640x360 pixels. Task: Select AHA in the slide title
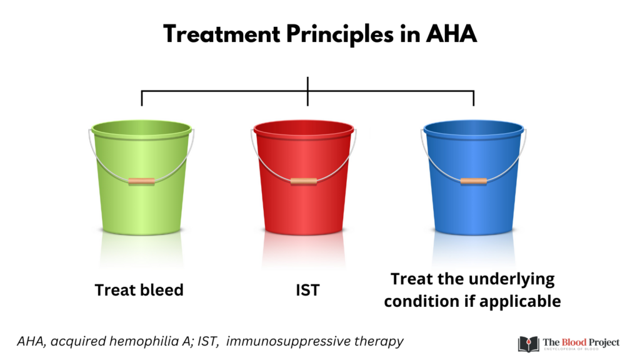451,34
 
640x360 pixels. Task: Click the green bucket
141,177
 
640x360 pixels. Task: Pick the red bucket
303,177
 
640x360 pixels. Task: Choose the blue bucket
474,177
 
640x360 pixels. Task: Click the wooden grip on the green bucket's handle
141,181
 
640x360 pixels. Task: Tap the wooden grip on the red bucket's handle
303,181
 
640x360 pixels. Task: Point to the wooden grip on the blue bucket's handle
474,181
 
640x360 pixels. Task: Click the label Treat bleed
139,290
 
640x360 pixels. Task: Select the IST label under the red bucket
307,290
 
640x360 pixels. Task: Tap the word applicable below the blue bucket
520,302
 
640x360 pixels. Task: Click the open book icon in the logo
529,344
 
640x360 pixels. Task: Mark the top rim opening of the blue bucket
474,128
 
